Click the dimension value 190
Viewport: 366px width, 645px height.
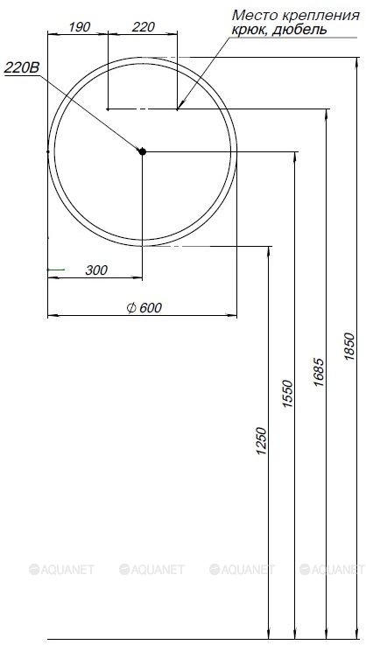pos(79,27)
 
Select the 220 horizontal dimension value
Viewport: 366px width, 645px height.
pos(143,27)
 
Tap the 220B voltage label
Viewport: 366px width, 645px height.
pos(22,68)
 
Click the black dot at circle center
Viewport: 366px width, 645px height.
pos(142,151)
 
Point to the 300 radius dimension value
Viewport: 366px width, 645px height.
pos(96,270)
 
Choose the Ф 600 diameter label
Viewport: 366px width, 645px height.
pos(144,308)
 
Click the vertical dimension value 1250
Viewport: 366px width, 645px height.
pos(262,441)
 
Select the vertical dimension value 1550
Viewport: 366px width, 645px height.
pos(288,394)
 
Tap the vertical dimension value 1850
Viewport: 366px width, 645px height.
pos(349,347)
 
